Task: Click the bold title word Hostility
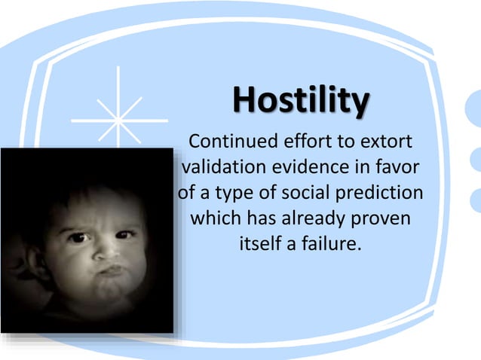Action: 301,102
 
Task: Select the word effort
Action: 304,141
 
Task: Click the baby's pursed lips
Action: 110,269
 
